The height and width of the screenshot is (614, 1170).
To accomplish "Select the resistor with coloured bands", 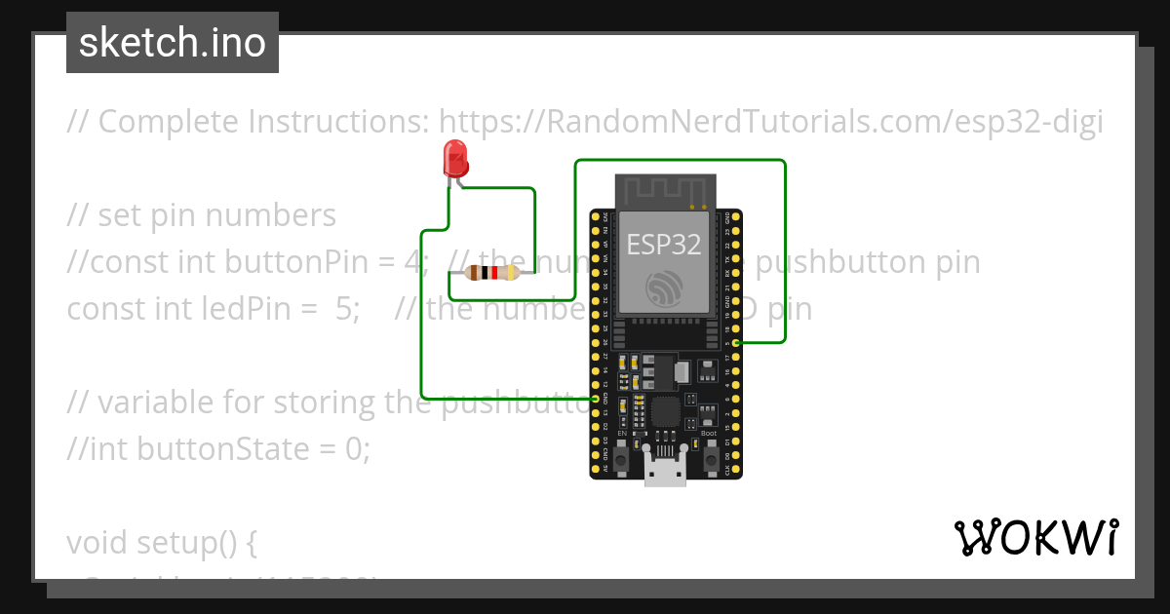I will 492,273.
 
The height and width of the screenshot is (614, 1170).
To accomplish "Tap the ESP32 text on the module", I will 664,245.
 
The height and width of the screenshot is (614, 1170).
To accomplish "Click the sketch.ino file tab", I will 173,43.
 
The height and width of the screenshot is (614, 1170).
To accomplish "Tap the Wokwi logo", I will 1035,537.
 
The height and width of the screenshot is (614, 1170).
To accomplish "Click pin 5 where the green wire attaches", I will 737,343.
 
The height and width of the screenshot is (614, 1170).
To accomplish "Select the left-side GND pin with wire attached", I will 596,399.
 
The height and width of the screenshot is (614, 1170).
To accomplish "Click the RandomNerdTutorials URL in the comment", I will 770,122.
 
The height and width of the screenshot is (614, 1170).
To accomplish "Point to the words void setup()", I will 161,542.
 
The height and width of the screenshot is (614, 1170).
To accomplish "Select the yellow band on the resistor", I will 513,273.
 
